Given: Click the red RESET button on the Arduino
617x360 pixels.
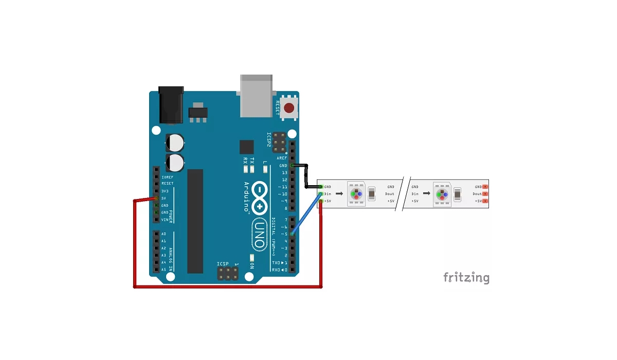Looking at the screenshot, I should point(289,108).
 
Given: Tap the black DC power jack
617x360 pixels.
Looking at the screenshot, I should point(171,105).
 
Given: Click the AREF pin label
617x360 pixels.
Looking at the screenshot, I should point(282,158).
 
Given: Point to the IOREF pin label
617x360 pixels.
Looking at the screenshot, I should point(167,177).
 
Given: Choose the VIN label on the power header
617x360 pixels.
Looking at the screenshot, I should point(165,220).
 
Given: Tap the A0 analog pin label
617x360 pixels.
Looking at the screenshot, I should point(164,234).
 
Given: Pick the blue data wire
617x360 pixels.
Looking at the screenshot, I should point(306,214).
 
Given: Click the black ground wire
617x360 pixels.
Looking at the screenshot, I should point(306,174).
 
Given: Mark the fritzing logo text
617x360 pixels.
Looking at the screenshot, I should point(466,278).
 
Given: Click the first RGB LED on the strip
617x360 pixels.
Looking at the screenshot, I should point(356,194).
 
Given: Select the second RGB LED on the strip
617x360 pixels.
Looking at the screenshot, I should point(442,194).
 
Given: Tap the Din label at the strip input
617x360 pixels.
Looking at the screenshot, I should point(328,194).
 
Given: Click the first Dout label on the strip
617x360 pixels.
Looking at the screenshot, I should point(390,194).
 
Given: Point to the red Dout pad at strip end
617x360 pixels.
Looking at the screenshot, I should point(485,194).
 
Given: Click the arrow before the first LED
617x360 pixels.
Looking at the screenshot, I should point(340,194).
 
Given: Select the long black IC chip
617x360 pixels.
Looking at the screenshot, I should point(195,221).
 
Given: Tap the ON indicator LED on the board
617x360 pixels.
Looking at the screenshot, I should point(252,257).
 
